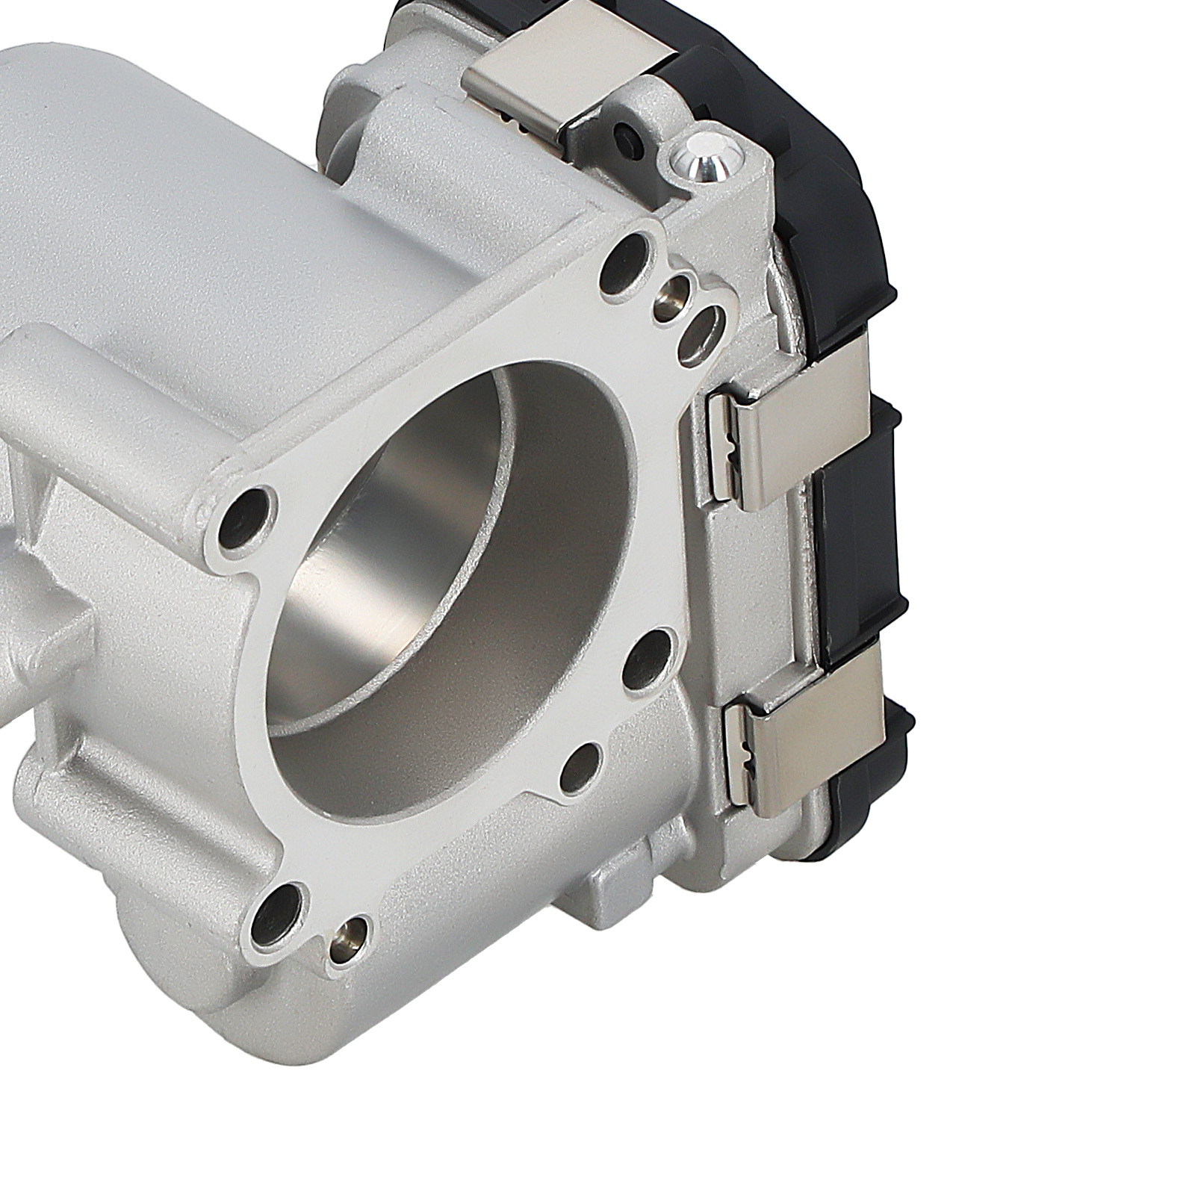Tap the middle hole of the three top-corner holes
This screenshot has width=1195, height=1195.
(x=682, y=291)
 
